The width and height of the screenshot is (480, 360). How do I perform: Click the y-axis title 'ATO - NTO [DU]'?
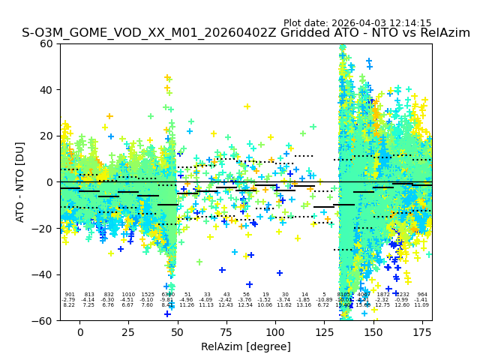pos(20,181)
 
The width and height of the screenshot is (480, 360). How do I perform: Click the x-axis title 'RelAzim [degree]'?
pos(246,346)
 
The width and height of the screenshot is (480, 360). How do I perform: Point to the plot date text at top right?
pos(357,23)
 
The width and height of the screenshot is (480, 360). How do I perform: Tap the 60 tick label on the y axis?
pos(46,43)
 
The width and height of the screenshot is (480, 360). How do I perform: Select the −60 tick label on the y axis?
pos(43,320)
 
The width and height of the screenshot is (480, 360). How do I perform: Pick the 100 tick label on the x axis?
pos(275,332)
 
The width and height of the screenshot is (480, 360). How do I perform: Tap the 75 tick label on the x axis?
pos(226,332)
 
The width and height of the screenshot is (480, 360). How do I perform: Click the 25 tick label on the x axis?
pos(129,332)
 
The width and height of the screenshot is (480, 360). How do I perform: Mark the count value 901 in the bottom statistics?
pos(69,295)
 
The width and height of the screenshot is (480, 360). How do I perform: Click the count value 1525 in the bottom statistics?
pos(148,295)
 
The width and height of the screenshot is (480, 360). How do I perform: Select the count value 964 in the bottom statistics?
pos(422,295)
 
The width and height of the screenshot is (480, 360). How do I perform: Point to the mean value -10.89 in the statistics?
pos(324,300)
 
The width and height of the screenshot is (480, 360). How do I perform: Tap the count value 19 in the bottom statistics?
pos(265,295)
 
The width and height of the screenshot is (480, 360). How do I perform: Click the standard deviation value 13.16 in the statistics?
pos(304,305)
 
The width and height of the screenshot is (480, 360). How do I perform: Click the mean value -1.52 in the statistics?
pos(265,300)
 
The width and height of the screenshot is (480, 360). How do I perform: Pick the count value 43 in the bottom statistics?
pos(226,295)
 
